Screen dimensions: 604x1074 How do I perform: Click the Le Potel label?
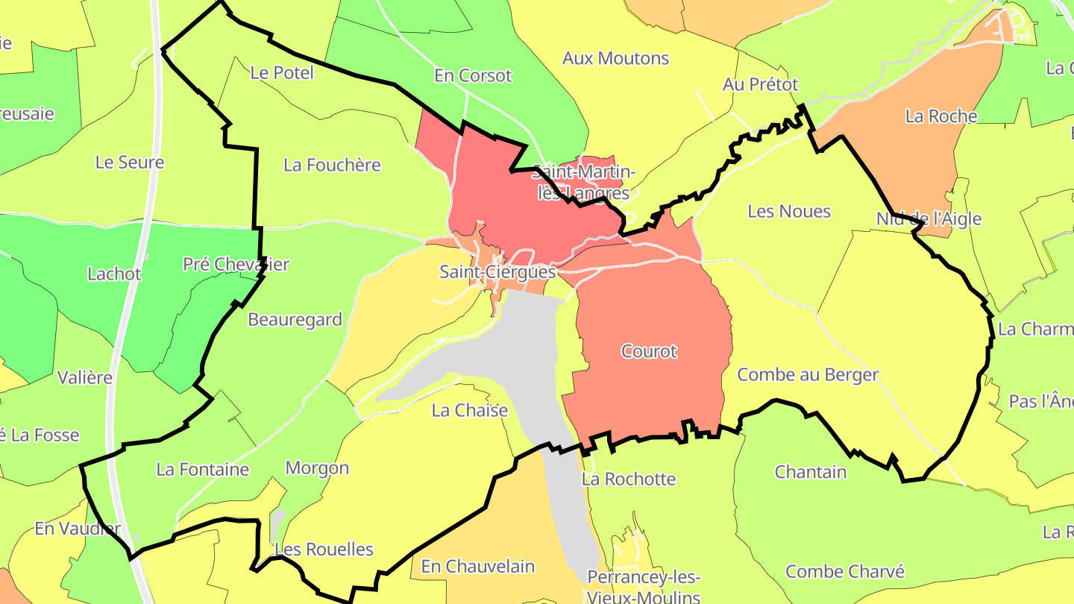[282, 73]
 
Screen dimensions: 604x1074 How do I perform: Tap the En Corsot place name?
[473, 76]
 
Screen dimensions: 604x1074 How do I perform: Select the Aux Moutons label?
[615, 58]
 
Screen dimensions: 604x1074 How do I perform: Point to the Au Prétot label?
[760, 85]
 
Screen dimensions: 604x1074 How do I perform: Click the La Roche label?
[940, 116]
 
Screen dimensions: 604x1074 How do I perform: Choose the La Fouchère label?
[332, 166]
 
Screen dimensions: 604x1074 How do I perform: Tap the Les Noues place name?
[789, 212]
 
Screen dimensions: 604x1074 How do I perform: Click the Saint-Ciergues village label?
[497, 272]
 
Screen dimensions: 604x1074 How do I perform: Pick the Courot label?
[649, 351]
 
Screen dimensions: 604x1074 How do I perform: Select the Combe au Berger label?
[808, 375]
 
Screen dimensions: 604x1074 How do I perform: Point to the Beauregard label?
[295, 320]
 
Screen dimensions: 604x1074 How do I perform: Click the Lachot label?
[114, 274]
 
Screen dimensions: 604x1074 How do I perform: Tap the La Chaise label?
[470, 411]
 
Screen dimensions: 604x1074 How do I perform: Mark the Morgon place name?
[317, 468]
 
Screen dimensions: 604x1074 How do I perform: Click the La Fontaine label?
[202, 470]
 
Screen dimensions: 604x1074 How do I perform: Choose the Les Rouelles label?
[324, 550]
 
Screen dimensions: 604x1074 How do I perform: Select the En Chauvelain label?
[478, 567]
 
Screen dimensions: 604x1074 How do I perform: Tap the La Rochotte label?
[628, 479]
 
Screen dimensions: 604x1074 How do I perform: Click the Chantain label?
[811, 472]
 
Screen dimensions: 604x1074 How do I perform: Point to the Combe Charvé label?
[845, 572]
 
